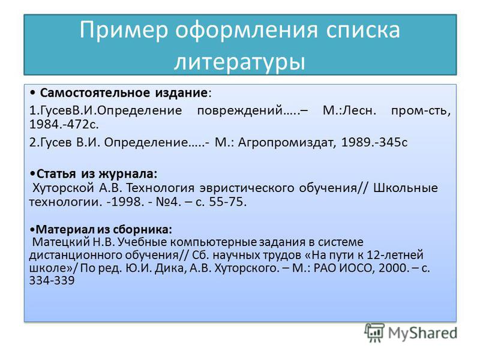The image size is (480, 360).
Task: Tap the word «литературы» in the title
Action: click(x=240, y=62)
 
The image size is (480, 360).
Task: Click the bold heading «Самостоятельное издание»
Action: click(x=124, y=93)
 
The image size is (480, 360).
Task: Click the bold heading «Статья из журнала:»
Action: click(x=97, y=174)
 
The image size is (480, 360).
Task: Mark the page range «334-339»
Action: click(x=52, y=280)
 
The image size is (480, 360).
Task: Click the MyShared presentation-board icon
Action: click(x=374, y=332)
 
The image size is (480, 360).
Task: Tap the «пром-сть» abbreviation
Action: click(x=421, y=110)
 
